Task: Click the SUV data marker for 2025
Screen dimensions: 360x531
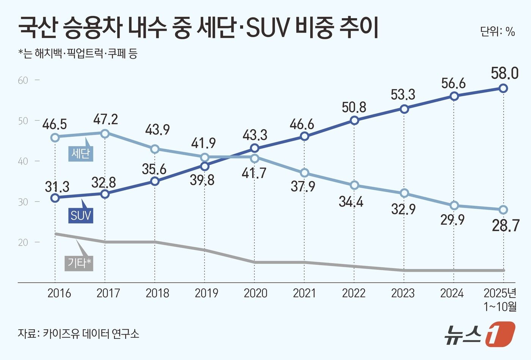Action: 503,88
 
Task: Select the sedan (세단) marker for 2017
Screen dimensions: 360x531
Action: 105,133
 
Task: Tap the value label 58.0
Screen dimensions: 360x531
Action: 504,74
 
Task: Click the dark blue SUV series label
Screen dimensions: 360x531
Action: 81,215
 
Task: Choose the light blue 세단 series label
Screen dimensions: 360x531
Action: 80,154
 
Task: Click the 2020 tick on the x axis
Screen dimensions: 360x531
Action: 255,293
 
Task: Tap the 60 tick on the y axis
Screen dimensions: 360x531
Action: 23,80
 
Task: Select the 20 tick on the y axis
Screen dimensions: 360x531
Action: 23,242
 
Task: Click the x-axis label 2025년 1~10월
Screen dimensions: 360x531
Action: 500,299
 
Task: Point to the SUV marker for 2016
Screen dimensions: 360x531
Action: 55,197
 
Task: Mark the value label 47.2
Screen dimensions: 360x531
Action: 106,120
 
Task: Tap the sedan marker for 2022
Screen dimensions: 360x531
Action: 354,185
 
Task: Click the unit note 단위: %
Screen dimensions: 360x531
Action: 497,32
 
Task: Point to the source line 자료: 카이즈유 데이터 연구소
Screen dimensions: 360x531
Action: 79,333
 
